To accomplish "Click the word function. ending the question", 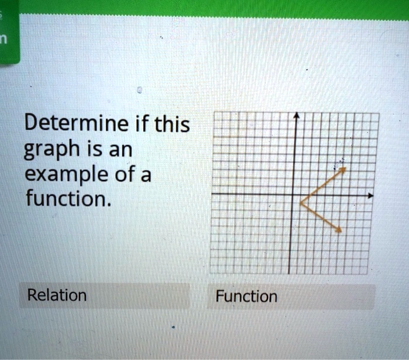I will [x=66, y=199].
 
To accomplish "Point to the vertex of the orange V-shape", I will [x=301, y=203].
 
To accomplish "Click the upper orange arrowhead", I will [x=343, y=169].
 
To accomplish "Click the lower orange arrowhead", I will [x=338, y=231].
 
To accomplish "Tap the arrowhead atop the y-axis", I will [x=296, y=117].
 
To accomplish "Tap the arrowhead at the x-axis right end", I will [x=369, y=195].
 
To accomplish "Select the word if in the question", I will [x=142, y=124].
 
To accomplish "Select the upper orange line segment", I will [x=322, y=186].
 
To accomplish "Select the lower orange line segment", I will [x=320, y=217].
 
